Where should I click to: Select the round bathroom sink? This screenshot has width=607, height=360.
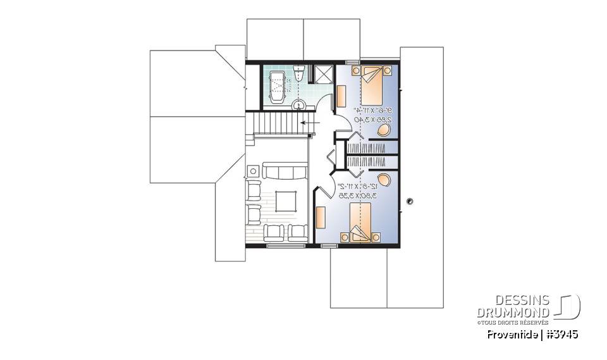tap(298, 104)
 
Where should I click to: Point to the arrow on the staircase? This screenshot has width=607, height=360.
tap(309, 123)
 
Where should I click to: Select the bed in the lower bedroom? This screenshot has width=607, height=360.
tap(361, 225)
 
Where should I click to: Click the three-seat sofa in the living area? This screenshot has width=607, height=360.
tap(286, 171)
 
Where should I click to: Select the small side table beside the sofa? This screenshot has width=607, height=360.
tap(254, 171)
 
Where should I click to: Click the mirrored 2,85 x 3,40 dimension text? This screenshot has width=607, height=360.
tap(377, 119)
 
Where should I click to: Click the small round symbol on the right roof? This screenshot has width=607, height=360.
tap(410, 202)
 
